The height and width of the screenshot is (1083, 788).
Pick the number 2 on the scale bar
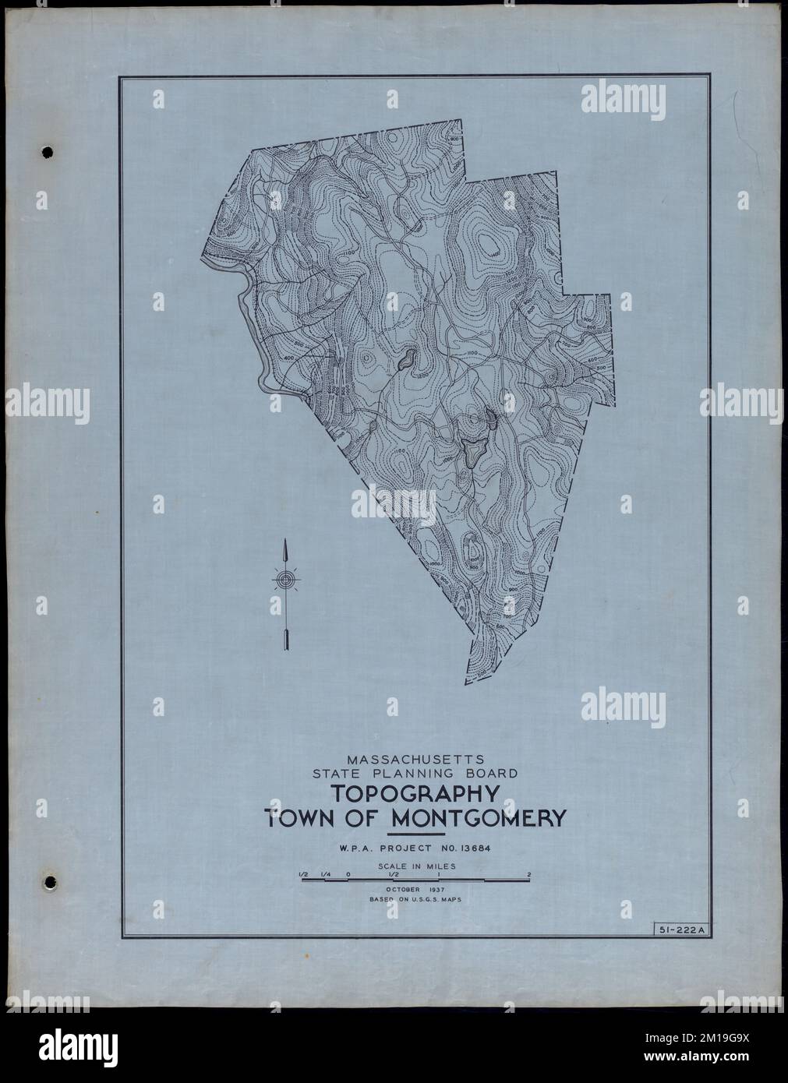529,875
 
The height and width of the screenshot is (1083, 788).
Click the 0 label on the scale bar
348,875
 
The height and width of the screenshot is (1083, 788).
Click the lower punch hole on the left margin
49,883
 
